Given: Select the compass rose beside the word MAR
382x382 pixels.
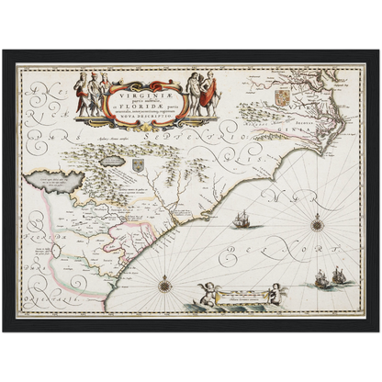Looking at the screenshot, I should [317, 223].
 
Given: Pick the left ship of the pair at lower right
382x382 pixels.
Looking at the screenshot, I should [322, 277].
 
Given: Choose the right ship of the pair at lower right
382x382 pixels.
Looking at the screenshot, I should [339, 275].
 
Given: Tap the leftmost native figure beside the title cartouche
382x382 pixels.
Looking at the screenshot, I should [80, 95].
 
